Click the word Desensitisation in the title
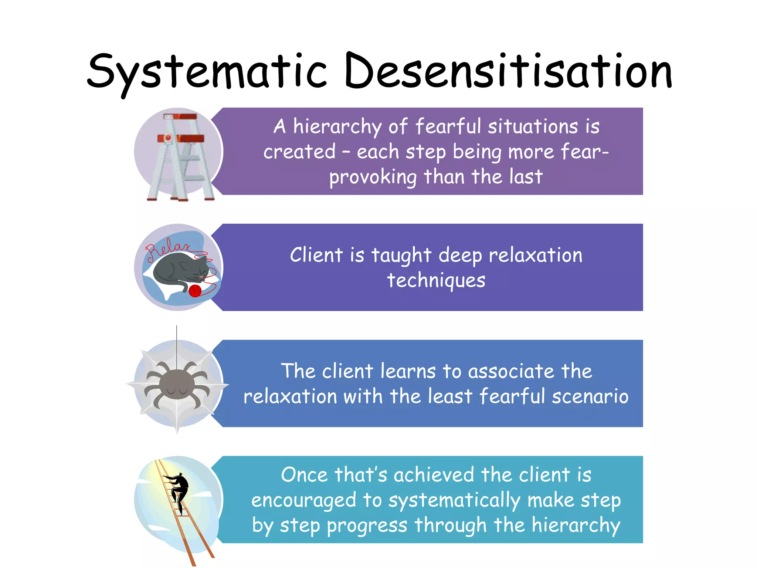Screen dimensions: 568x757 [x=508, y=71]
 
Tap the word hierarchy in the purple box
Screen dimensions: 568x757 [x=337, y=127]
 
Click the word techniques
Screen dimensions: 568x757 [x=436, y=280]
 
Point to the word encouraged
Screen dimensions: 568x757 [x=303, y=501]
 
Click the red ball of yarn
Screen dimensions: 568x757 [x=195, y=291]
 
